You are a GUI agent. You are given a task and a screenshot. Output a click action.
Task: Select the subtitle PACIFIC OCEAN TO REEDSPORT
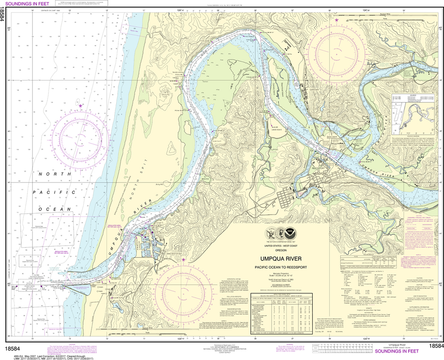[285, 267]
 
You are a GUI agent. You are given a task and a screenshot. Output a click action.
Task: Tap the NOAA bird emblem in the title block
[281, 232]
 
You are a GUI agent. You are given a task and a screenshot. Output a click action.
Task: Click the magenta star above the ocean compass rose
[81, 105]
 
